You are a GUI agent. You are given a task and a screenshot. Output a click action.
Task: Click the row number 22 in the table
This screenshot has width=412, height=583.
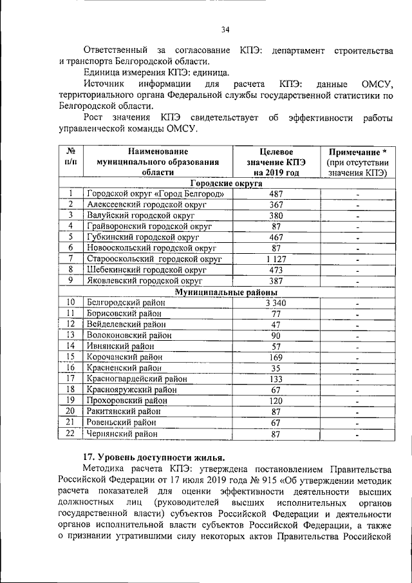[71, 434]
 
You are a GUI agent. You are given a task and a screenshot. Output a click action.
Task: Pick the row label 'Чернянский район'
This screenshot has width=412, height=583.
[122, 434]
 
